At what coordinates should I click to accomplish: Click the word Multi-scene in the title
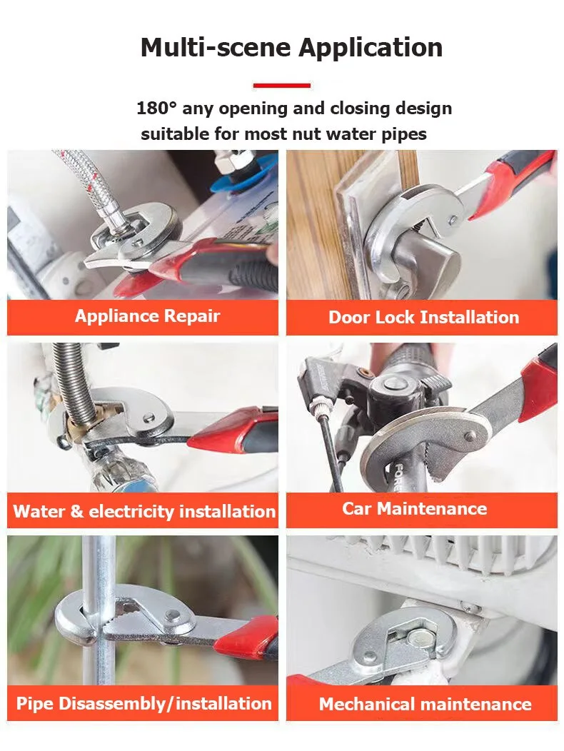pyautogui.click(x=216, y=47)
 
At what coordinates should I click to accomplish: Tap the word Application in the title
pyautogui.click(x=371, y=48)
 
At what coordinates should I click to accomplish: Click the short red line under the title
pyautogui.click(x=282, y=86)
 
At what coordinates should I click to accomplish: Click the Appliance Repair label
pyautogui.click(x=147, y=316)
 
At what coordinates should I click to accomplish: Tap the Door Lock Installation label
pyautogui.click(x=423, y=317)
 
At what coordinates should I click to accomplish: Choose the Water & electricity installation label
pyautogui.click(x=144, y=511)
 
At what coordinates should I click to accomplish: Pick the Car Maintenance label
pyautogui.click(x=415, y=508)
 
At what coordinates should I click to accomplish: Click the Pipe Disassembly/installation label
pyautogui.click(x=143, y=703)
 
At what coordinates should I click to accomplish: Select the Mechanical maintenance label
pyautogui.click(x=425, y=704)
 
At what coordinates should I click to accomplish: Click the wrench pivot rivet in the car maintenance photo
pyautogui.click(x=471, y=436)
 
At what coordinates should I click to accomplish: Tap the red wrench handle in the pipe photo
pyautogui.click(x=250, y=636)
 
